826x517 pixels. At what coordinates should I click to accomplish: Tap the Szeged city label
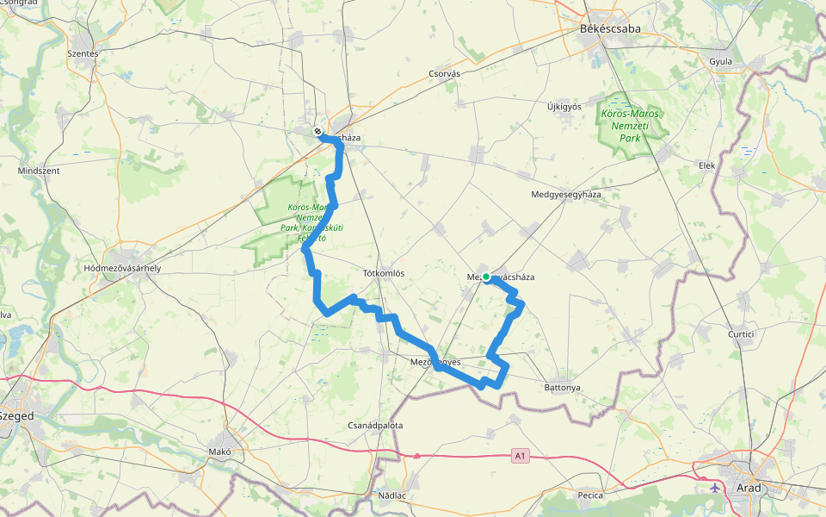click(16, 415)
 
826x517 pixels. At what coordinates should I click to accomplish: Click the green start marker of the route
click(486, 277)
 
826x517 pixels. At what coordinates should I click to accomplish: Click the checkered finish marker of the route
click(317, 132)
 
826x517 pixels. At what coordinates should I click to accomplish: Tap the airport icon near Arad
click(716, 488)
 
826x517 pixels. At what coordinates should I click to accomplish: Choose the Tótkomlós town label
click(384, 273)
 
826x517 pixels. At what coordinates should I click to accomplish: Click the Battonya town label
click(563, 388)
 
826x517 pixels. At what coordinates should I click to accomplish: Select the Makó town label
click(220, 451)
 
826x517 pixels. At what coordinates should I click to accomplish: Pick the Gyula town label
click(720, 62)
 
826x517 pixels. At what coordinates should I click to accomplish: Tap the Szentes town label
click(83, 53)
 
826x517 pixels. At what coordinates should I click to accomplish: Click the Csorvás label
click(444, 74)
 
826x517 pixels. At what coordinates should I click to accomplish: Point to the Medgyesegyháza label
click(566, 195)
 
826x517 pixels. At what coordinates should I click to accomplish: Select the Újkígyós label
click(564, 107)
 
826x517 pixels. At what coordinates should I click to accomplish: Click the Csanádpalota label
click(375, 426)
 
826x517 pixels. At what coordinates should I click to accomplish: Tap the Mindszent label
click(39, 171)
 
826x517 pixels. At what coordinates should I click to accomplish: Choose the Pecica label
click(590, 495)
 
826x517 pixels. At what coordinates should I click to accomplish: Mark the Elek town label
click(707, 165)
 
